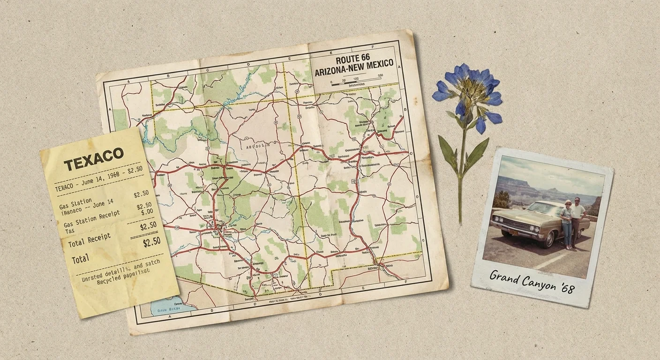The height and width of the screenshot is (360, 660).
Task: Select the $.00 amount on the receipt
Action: (x=147, y=212)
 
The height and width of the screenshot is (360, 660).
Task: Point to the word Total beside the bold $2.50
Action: (x=80, y=259)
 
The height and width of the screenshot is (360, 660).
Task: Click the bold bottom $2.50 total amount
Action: (x=151, y=242)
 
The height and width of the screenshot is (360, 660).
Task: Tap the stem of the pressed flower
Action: (x=462, y=178)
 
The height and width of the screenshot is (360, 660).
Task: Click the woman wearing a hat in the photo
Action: (x=567, y=223)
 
